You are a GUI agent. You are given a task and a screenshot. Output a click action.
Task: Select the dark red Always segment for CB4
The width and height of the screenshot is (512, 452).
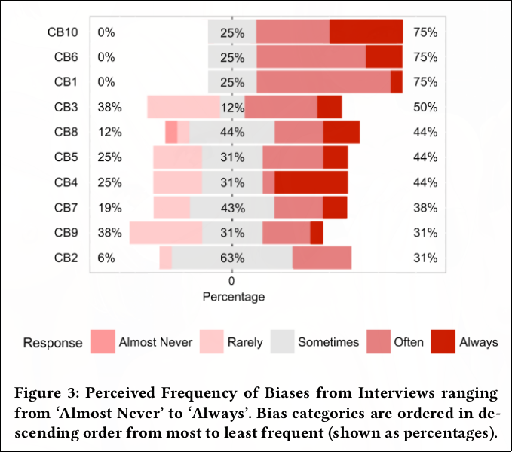coord(311,182)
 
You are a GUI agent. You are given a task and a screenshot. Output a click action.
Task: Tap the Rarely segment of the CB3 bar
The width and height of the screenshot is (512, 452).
coord(183,107)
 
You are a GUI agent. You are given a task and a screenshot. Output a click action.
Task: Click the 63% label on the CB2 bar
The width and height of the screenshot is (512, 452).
coord(232,258)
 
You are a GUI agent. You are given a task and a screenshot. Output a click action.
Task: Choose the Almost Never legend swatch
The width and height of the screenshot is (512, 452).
coord(102,342)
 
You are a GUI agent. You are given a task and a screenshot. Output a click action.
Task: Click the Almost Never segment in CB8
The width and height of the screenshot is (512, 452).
coord(171,132)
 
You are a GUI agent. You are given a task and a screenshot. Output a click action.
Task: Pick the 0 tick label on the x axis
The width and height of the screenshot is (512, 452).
coord(232,281)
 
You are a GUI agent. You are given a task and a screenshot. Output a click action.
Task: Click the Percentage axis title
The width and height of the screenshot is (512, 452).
coord(233,297)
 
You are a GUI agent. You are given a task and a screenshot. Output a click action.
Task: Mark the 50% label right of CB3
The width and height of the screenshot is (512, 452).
coord(425,107)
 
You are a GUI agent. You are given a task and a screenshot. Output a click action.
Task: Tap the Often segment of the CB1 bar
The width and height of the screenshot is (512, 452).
coord(323,82)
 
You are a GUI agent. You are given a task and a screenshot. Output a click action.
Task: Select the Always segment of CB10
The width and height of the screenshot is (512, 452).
coord(366,32)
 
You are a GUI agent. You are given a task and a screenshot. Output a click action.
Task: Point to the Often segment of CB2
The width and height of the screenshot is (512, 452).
coord(321,258)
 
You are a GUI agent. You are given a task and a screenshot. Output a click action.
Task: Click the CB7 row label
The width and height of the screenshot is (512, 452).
coord(66,207)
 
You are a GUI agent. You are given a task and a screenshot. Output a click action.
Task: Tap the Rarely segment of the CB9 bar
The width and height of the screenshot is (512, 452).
coord(166,233)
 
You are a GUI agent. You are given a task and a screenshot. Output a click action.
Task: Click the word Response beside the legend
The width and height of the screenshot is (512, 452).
coord(53,343)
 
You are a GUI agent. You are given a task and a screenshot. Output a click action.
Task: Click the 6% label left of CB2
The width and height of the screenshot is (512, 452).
coord(106,258)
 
